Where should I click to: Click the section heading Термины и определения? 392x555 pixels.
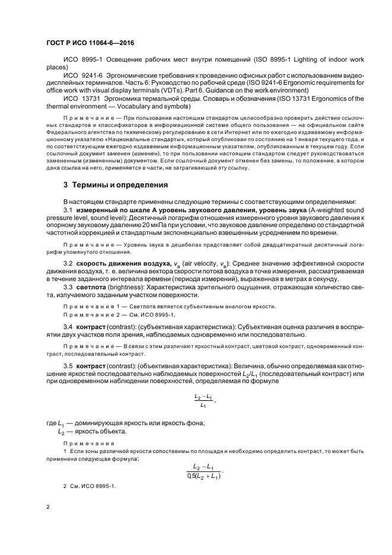click(116, 184)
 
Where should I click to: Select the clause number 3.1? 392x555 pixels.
click(68, 210)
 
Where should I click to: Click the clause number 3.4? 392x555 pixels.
click(68, 326)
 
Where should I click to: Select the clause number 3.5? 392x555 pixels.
click(68, 366)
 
